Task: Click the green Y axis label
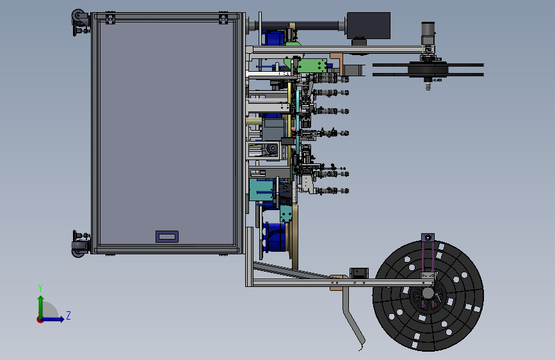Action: point(40,288)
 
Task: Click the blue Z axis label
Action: point(68,315)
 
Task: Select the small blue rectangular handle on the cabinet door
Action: point(167,236)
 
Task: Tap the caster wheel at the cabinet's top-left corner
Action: point(79,16)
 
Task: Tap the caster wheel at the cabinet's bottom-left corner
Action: point(79,249)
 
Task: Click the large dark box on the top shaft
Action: point(369,26)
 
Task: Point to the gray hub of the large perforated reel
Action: point(428,293)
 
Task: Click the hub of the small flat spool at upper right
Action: point(428,69)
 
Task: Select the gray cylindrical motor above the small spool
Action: point(428,33)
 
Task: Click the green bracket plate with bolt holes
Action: point(312,66)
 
